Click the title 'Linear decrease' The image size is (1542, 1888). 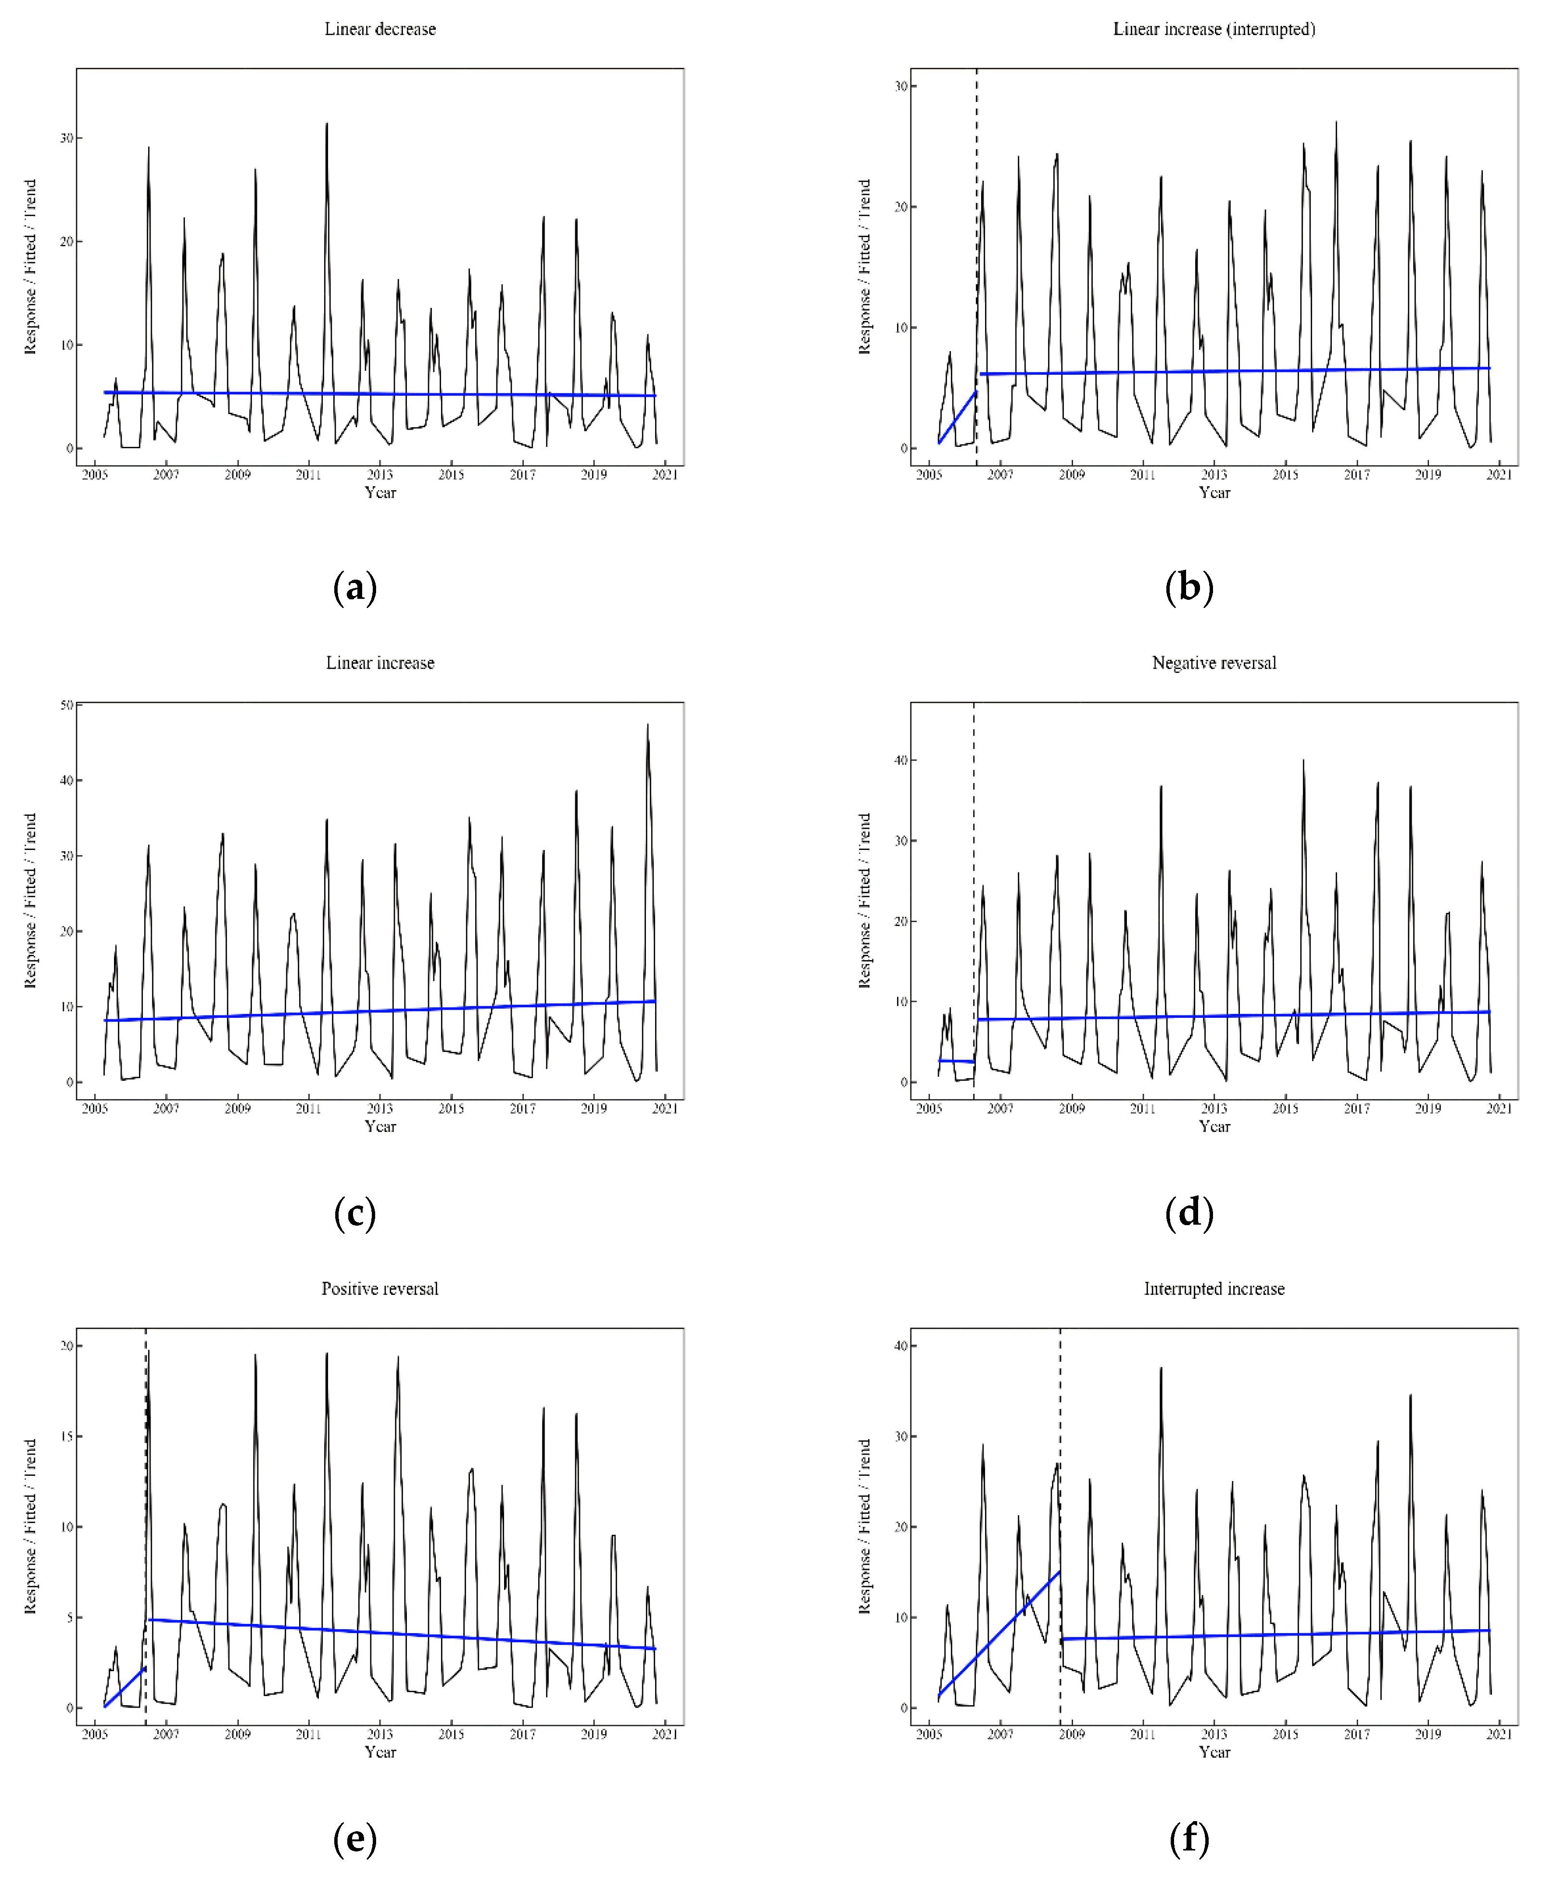(x=380, y=29)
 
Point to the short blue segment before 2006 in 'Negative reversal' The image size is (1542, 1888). (x=957, y=1061)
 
